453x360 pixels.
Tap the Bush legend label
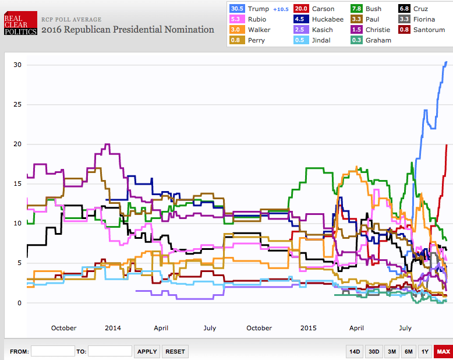[374, 9]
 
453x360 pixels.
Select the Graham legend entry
[378, 40]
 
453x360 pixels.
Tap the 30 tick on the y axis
[17, 65]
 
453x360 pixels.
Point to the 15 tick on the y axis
[17, 183]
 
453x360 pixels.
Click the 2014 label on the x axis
[113, 328]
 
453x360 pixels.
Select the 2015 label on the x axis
[309, 328]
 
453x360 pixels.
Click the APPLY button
[147, 351]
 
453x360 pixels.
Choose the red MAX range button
[444, 351]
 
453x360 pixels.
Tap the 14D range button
[354, 351]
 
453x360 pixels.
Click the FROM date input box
[52, 351]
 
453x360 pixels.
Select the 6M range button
[409, 351]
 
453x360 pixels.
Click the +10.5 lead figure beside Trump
[281, 9]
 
